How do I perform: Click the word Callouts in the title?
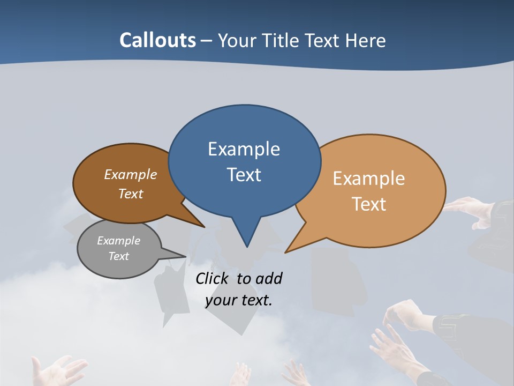click(x=157, y=40)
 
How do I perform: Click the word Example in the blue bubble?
click(x=244, y=149)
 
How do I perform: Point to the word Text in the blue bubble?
click(x=244, y=175)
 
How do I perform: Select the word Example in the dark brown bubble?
click(x=131, y=175)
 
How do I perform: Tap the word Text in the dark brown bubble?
click(x=131, y=194)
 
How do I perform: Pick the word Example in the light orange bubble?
click(x=369, y=179)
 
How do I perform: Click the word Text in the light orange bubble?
click(x=369, y=204)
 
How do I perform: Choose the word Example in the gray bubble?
click(x=118, y=241)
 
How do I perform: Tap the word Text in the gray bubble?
click(x=118, y=256)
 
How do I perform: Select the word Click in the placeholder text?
click(x=213, y=278)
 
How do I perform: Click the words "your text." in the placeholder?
click(x=238, y=300)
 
